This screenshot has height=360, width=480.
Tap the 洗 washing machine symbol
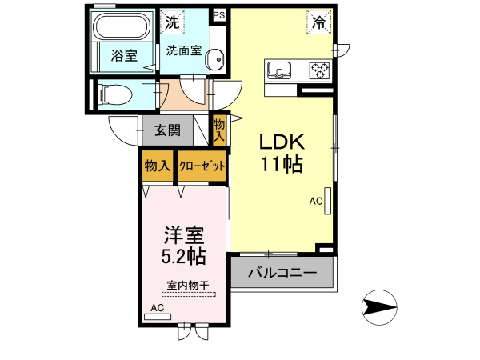click(172, 22)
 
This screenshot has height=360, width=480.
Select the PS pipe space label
click(219, 15)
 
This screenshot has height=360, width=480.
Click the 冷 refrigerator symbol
click(319, 22)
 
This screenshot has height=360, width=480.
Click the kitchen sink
click(279, 70)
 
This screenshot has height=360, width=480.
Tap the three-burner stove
click(319, 70)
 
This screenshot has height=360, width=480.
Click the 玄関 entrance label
click(167, 130)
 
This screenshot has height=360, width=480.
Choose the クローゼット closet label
click(202, 166)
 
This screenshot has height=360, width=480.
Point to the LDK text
click(282, 142)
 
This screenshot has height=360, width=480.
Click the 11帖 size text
click(282, 164)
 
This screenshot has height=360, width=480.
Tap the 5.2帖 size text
click(184, 257)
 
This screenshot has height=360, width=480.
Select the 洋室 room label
click(184, 235)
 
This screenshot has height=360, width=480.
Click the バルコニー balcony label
click(282, 272)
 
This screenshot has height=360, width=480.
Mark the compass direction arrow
click(379, 306)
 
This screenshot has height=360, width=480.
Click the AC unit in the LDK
click(327, 201)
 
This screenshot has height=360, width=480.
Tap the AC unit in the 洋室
click(158, 317)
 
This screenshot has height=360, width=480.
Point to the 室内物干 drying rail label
click(188, 286)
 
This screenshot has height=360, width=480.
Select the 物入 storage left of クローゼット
click(158, 166)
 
